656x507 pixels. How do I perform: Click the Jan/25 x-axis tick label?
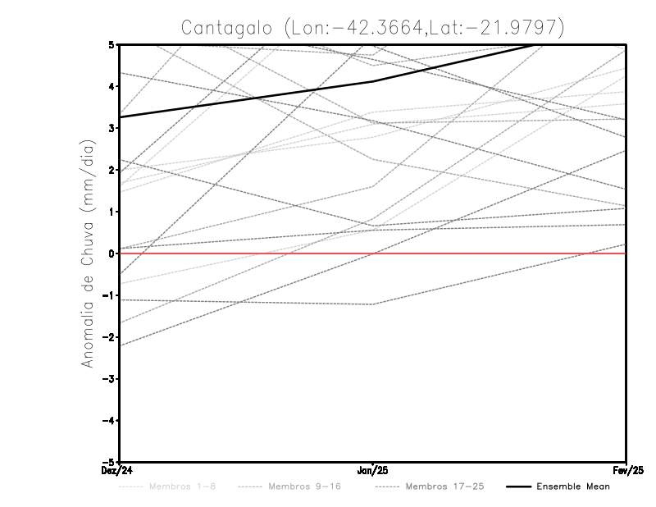(373, 471)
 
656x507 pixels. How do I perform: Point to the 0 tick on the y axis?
(112, 253)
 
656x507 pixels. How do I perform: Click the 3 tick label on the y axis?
(112, 128)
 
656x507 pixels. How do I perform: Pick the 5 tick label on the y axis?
(112, 44)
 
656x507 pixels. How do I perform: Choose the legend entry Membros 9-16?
(305, 486)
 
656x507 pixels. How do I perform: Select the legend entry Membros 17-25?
(446, 486)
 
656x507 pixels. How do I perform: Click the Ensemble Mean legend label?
(572, 486)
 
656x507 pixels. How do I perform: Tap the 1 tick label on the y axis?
(112, 212)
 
